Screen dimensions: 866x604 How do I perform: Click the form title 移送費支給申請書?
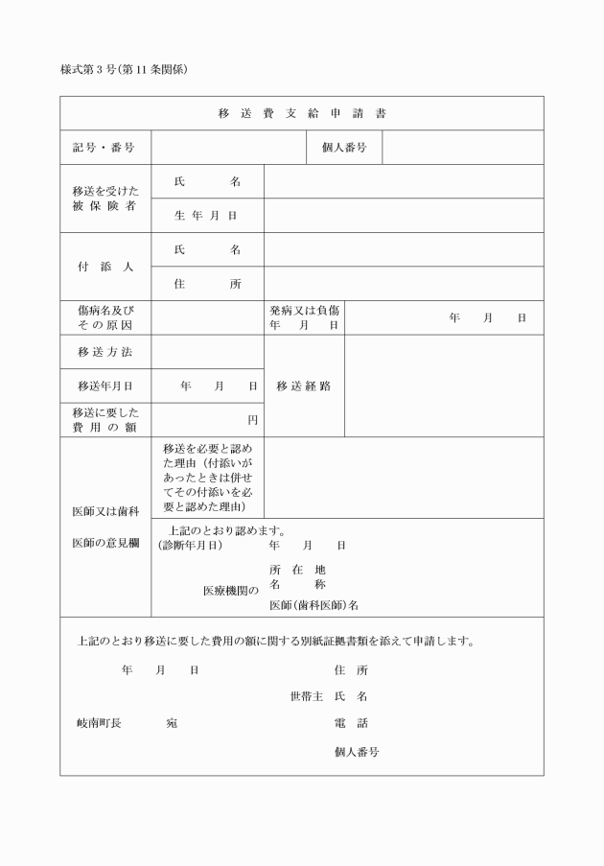tap(302, 113)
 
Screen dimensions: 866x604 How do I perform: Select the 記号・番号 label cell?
tap(104, 148)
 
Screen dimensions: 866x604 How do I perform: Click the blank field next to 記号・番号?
tap(227, 148)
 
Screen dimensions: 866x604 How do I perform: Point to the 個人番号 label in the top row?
tap(344, 148)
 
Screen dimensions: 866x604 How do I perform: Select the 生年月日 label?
tap(206, 216)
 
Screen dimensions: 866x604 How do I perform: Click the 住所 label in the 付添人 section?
tap(207, 284)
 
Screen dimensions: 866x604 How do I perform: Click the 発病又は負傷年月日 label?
tap(304, 318)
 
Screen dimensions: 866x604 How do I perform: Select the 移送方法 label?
tap(105, 352)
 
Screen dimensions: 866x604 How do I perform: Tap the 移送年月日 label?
tap(105, 386)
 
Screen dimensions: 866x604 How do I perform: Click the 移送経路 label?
tap(304, 386)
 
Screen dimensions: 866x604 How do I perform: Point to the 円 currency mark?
tap(253, 420)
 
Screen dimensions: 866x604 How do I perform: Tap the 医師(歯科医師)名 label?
tap(314, 605)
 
